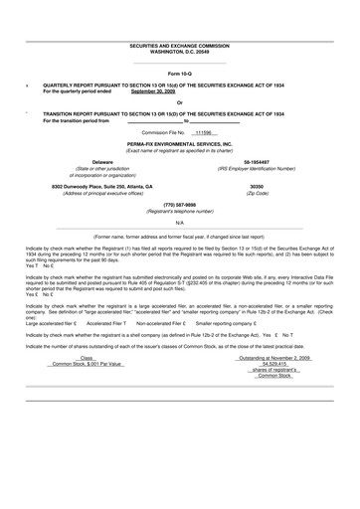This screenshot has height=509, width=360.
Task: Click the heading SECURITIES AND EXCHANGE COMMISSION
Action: point(179,46)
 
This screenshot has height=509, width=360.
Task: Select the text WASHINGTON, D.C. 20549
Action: point(179,52)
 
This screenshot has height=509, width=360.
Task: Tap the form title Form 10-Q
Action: point(179,74)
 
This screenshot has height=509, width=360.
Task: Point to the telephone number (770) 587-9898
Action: point(179,204)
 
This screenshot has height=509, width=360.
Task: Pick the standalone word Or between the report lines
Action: point(179,102)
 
